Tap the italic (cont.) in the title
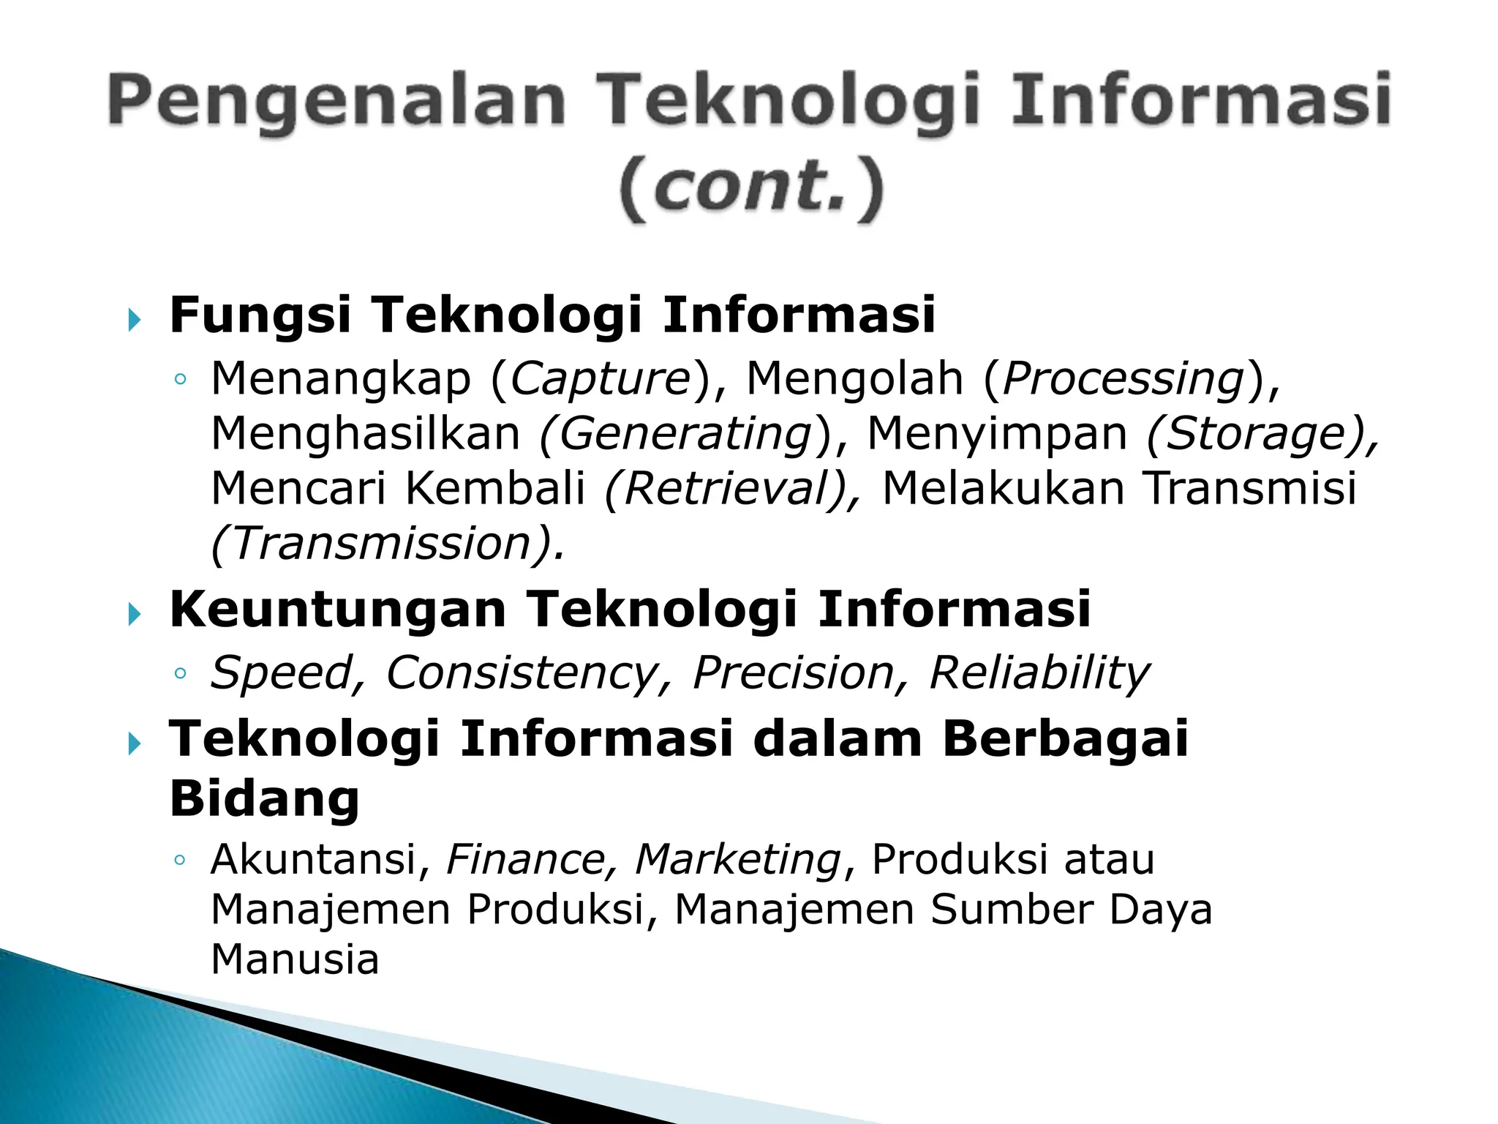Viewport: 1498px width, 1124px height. click(x=752, y=189)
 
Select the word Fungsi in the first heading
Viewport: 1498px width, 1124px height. click(x=260, y=315)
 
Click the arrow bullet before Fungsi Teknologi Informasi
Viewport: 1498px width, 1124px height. click(x=134, y=319)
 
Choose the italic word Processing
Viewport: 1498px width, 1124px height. click(x=1123, y=379)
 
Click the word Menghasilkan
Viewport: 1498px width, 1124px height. click(x=365, y=432)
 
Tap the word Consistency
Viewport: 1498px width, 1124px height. click(x=522, y=672)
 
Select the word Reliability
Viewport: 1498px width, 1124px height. click(x=1039, y=672)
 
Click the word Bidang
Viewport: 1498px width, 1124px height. click(x=265, y=798)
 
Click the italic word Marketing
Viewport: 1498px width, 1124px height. click(x=738, y=859)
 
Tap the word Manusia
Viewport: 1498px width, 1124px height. click(x=295, y=959)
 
